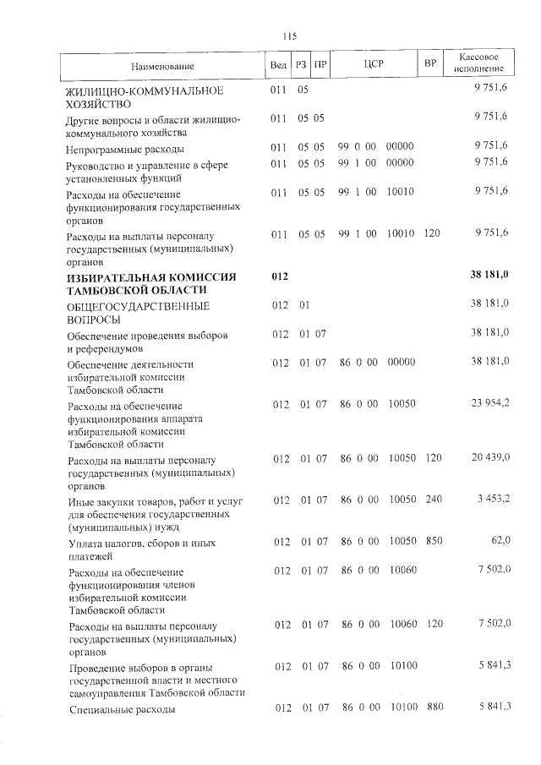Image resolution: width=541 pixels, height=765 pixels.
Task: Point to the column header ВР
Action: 429,65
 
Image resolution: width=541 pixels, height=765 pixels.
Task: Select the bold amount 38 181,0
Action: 489,276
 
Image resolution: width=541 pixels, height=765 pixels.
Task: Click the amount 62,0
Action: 499,541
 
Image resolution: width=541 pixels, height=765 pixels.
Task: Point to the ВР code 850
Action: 433,541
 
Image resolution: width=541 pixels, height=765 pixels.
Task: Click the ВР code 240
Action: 433,500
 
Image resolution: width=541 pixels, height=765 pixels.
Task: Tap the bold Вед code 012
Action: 280,276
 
